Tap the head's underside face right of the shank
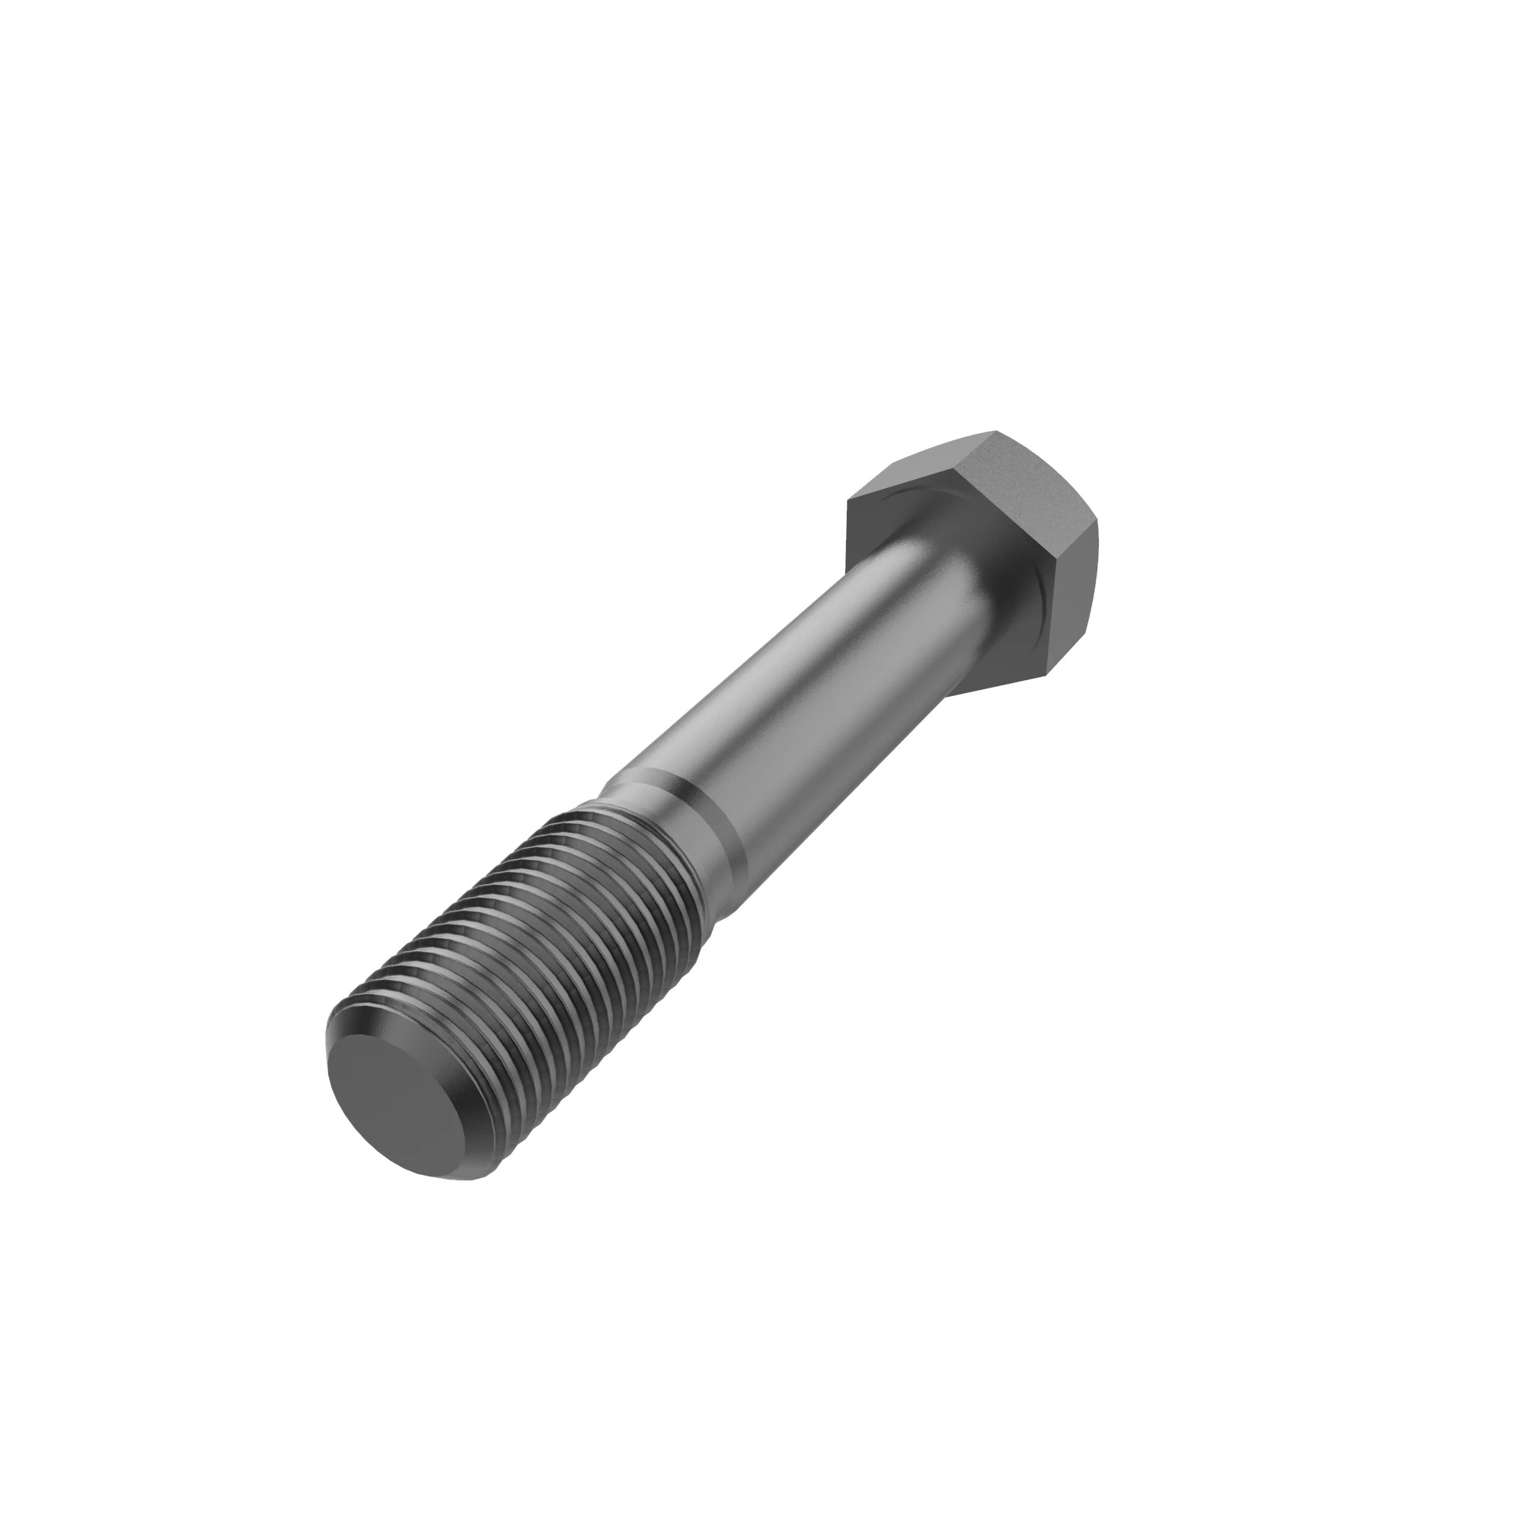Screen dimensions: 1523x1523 (x=1017, y=631)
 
